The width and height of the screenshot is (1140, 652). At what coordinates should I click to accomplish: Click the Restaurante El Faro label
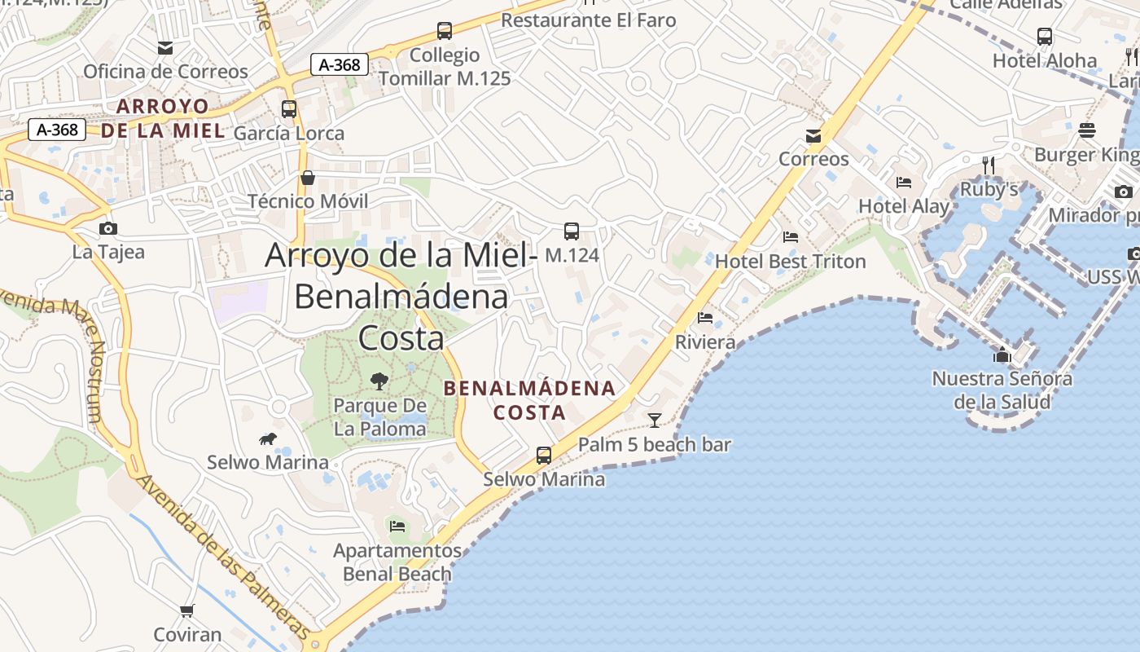click(x=588, y=20)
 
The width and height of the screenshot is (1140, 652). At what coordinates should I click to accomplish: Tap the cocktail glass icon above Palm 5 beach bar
click(x=654, y=420)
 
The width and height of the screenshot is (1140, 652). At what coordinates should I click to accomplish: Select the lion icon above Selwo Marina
click(x=267, y=440)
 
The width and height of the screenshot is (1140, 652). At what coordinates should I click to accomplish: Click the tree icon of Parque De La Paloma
click(x=379, y=381)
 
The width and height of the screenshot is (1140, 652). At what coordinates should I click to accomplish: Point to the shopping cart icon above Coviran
click(x=187, y=610)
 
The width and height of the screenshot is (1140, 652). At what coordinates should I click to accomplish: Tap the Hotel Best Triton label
click(x=790, y=262)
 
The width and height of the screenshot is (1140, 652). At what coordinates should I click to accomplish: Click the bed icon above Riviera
click(x=705, y=318)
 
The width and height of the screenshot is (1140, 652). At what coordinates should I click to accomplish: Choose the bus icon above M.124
click(x=572, y=231)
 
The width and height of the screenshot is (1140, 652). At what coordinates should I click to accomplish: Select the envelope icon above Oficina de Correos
click(x=165, y=48)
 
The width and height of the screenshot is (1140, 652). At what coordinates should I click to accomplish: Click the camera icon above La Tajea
click(x=107, y=228)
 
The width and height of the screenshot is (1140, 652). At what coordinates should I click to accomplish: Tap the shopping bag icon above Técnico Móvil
click(x=308, y=178)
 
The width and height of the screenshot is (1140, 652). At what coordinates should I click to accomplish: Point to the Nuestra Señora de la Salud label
click(x=1002, y=390)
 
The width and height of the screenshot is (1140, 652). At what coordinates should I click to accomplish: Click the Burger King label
click(x=1086, y=154)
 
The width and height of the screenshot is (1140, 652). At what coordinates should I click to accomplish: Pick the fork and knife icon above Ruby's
click(x=989, y=165)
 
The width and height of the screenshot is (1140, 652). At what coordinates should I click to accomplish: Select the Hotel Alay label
click(x=904, y=206)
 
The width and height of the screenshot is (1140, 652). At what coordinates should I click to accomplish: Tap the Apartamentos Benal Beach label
click(x=397, y=562)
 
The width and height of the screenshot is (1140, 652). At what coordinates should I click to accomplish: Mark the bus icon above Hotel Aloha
click(x=1045, y=37)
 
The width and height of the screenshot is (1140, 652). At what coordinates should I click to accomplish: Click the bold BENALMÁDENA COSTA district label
click(x=529, y=399)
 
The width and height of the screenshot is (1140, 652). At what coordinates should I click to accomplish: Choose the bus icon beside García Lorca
click(x=288, y=109)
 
